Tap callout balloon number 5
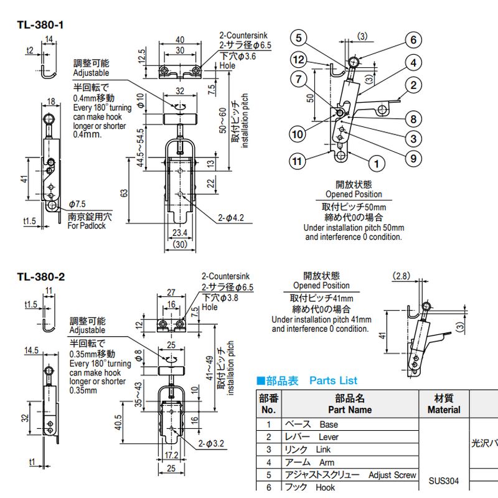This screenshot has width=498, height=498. coord(299,38)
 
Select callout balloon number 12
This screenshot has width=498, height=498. coord(299,60)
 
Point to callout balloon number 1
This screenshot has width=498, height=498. coord(375,164)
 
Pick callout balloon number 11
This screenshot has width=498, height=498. coord(299,161)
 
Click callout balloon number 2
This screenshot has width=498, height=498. coord(413,85)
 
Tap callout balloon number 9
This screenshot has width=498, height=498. coord(413,159)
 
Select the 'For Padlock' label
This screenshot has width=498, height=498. coord(87,225)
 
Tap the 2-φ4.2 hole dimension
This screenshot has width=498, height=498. coord(232,217)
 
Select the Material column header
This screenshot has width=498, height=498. coord(444,404)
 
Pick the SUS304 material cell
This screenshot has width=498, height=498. coord(444,480)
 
